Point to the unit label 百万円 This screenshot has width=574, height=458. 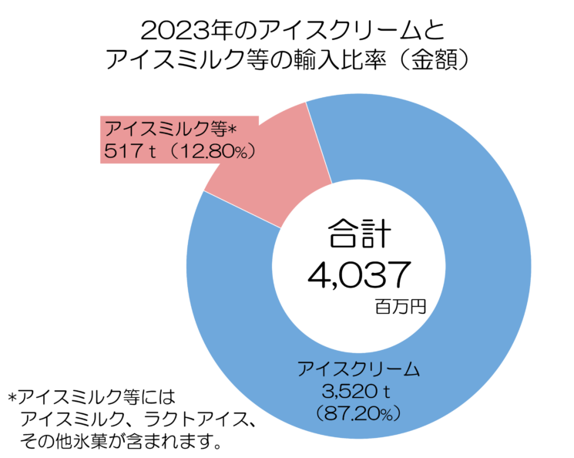pyautogui.click(x=400, y=306)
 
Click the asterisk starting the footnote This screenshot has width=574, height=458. pyautogui.click(x=11, y=399)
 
